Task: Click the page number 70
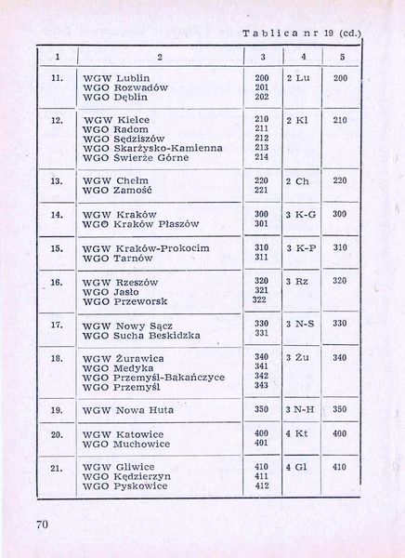coord(43,525)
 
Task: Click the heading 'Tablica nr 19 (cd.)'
coord(303,34)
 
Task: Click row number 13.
coord(56,180)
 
